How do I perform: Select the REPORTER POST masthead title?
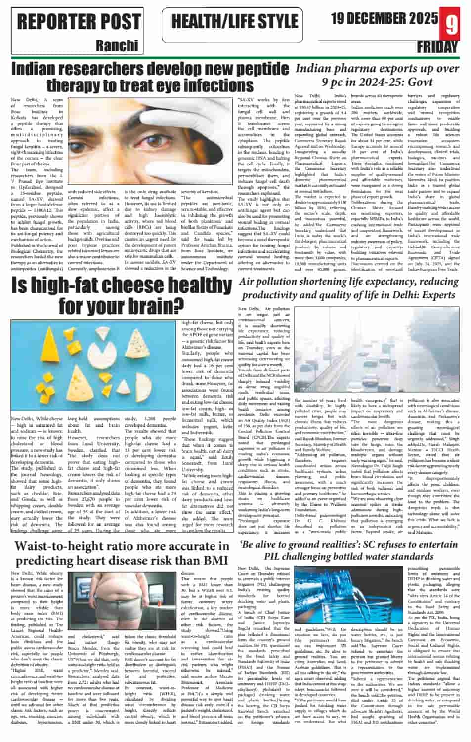point(79,21)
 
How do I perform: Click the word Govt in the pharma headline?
point(418,82)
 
